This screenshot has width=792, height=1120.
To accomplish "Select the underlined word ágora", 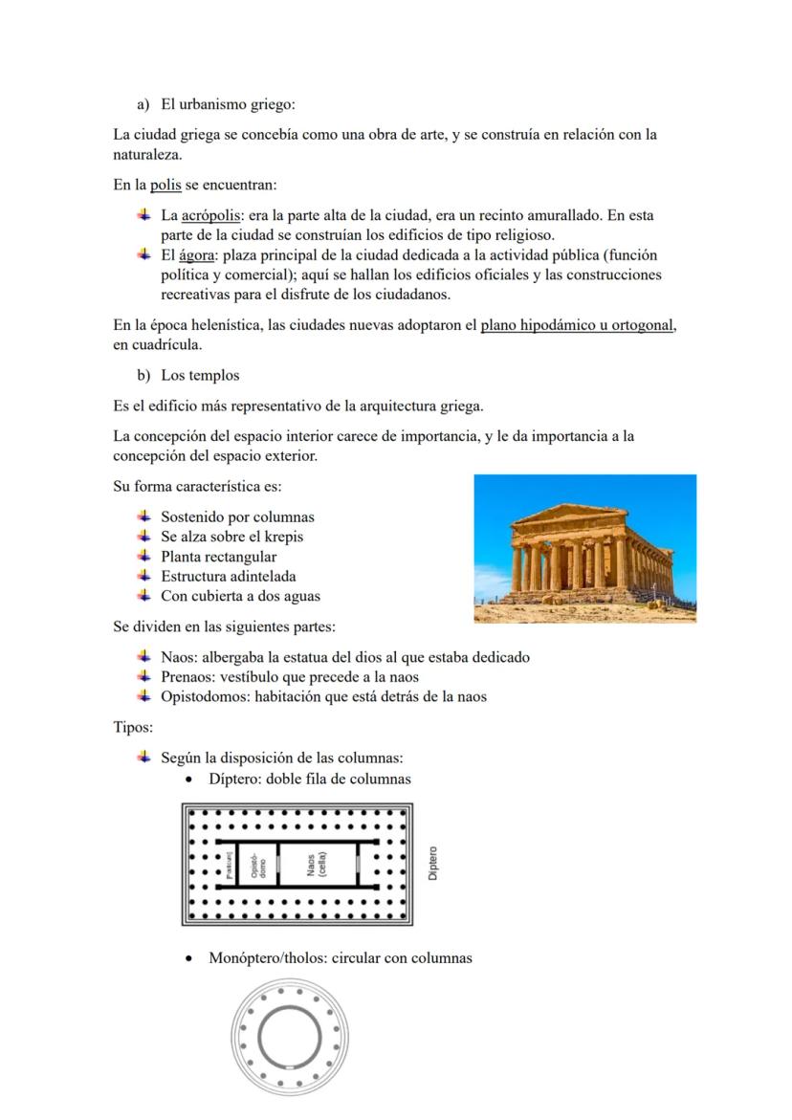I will point(196,255).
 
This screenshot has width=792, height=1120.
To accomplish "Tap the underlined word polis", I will point(165,184).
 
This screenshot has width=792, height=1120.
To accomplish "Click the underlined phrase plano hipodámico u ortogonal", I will point(578,325).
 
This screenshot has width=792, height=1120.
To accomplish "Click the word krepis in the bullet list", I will point(282,537).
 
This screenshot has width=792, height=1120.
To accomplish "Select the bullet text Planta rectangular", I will point(218,557).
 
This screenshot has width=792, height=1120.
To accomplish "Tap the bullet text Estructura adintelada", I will point(228,576).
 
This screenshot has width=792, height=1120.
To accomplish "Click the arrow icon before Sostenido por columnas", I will point(143,516).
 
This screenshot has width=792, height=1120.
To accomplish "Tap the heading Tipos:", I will point(133,727).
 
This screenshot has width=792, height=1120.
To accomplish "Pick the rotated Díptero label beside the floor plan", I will point(433,863).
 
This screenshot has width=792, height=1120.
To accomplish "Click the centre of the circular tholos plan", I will point(290,1037).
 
